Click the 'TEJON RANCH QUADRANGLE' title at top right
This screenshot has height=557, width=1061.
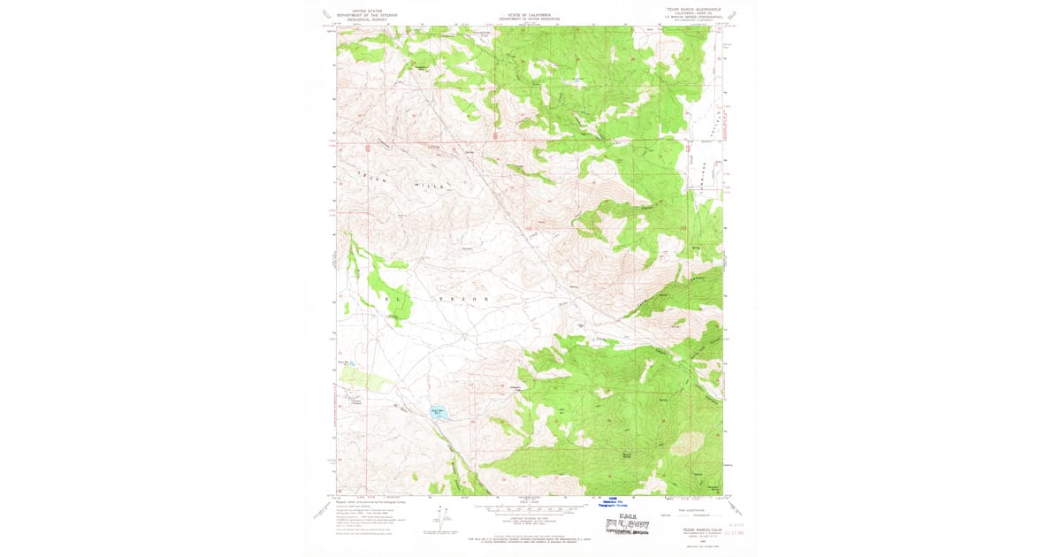[693, 9]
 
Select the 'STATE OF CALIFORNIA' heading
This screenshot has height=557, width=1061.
[530, 15]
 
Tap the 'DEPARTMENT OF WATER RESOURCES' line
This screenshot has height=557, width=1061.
[530, 19]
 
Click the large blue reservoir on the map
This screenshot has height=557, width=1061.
[437, 411]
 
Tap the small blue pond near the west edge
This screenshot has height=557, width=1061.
[351, 362]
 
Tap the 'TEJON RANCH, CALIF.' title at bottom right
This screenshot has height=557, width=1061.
[699, 530]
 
